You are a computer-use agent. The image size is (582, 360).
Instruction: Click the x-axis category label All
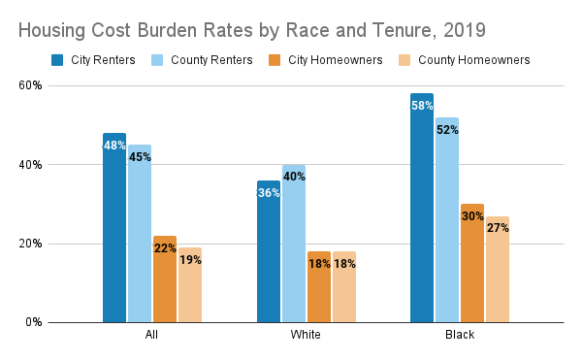click(152, 336)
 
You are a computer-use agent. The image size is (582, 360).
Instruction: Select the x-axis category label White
click(306, 336)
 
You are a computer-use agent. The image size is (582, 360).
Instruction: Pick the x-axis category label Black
click(460, 336)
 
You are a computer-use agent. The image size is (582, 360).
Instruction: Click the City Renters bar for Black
click(422, 209)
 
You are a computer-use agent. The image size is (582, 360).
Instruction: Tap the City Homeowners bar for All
click(165, 279)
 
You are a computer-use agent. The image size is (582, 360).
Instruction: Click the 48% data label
click(114, 146)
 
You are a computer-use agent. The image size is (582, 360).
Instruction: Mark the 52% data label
click(447, 130)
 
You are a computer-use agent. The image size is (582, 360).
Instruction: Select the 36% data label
click(269, 193)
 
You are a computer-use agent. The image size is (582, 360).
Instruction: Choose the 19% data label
click(190, 260)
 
